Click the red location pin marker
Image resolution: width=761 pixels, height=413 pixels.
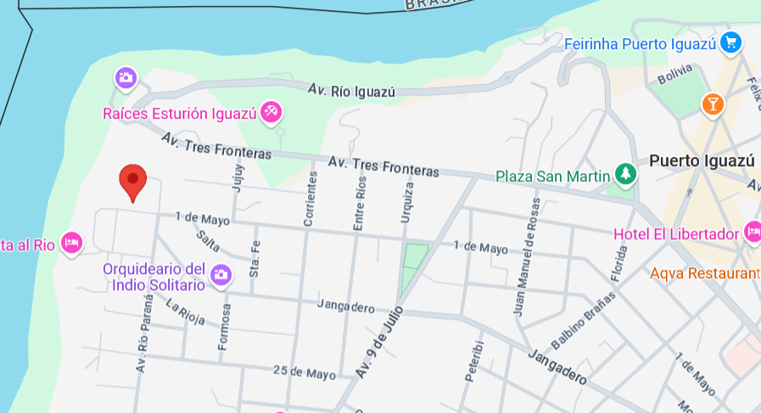(132, 180)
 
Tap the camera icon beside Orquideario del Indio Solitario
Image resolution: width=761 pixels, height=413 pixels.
(221, 274)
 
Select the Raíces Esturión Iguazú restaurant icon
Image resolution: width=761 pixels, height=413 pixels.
(271, 111)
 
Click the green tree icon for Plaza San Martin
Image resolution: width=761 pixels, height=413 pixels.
(626, 175)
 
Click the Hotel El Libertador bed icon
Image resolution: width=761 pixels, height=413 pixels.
(752, 232)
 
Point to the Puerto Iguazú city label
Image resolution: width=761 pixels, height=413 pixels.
(701, 160)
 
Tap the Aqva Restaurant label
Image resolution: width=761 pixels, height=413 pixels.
(704, 273)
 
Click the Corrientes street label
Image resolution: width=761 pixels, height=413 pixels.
(311, 198)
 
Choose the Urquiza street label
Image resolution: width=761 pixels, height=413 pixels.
(406, 204)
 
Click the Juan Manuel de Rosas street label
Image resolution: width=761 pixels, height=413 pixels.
(525, 257)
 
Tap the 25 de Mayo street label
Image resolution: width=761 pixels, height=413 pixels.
(305, 372)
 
